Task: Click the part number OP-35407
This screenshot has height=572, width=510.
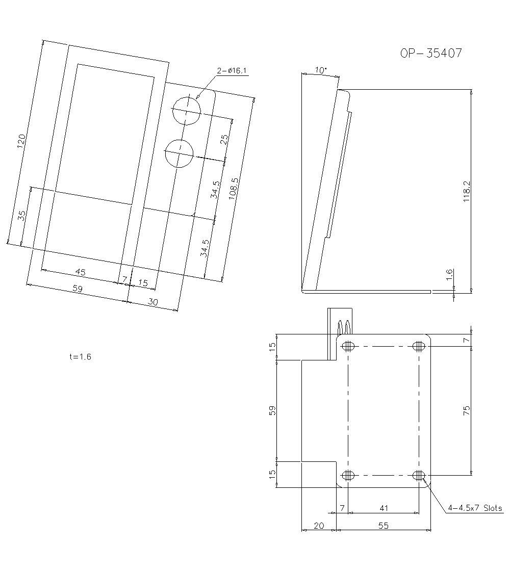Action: pyautogui.click(x=431, y=53)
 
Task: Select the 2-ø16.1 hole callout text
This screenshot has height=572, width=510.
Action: pyautogui.click(x=232, y=71)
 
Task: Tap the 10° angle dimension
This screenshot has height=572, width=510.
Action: pyautogui.click(x=320, y=70)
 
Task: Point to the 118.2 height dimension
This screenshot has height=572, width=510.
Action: pyautogui.click(x=467, y=192)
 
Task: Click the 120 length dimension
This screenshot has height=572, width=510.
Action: pyautogui.click(x=21, y=141)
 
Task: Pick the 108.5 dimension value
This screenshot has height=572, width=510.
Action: pyautogui.click(x=234, y=189)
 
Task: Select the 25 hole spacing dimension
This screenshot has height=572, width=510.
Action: pyautogui.click(x=224, y=139)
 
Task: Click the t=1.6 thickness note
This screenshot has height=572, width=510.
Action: pyautogui.click(x=80, y=357)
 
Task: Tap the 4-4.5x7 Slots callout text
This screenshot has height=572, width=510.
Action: pyautogui.click(x=475, y=508)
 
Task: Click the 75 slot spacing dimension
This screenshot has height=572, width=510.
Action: pyautogui.click(x=467, y=410)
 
